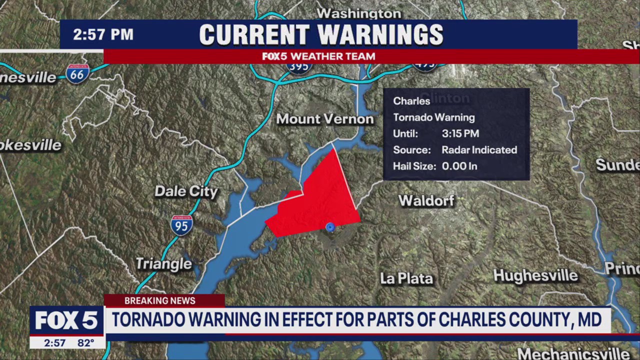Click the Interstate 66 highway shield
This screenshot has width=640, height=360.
pos(77,73)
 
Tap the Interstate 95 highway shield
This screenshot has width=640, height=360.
pos(181,225)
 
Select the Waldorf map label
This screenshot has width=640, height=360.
pos(426,201)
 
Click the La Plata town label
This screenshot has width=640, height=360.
pos(406,278)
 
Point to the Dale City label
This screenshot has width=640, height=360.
pos(186,191)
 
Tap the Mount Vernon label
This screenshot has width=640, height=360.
pos(325,119)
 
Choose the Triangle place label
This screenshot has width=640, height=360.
pos(164,263)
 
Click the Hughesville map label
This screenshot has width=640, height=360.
pos(535,275)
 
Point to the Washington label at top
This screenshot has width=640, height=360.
pos(359,13)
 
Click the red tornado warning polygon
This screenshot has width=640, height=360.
pos(320,200)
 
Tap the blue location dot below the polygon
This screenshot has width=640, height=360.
pos(330,227)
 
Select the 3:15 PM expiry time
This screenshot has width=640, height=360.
pos(460,133)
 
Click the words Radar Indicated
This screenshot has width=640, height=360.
pos(479,149)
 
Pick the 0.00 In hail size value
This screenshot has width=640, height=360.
pos(459,166)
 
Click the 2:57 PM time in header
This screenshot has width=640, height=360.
pos(103,34)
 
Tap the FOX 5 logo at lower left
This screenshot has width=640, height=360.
pos(66,320)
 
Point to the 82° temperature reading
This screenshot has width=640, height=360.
pos(86,343)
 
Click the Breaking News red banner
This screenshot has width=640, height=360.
pos(160,300)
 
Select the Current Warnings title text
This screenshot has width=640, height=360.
pos(321,34)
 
